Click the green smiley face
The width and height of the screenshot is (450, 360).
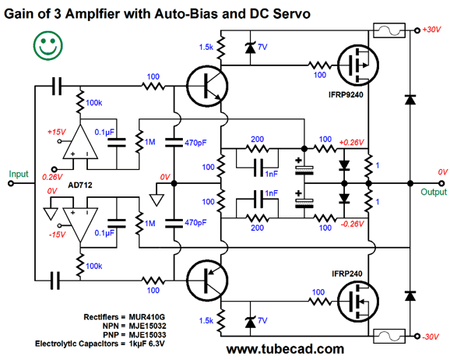[x=48, y=46]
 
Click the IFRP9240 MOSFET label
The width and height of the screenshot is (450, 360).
[x=346, y=94]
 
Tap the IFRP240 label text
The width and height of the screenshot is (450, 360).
[x=346, y=274]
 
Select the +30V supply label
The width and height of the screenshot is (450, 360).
[x=431, y=30]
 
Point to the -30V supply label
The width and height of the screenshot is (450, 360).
[x=431, y=337]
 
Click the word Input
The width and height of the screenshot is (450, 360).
[x=19, y=174]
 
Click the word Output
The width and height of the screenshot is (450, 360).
[x=434, y=192]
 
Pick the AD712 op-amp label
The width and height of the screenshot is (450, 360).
[x=80, y=185]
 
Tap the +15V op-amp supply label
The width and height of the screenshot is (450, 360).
[x=57, y=132]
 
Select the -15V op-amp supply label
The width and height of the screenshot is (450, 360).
[x=57, y=235]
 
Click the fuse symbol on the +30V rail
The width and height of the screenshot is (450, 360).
[x=389, y=30]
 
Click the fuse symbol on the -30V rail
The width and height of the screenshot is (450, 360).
[x=389, y=336]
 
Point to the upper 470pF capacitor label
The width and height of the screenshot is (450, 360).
[x=195, y=143]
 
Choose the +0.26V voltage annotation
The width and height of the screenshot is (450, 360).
[x=351, y=143]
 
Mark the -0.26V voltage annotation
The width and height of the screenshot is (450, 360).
[x=352, y=224]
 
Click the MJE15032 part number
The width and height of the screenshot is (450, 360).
[x=147, y=326]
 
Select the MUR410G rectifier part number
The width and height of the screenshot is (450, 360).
[x=146, y=317]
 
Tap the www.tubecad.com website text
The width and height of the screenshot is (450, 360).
[x=285, y=349]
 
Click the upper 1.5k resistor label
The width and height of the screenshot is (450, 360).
[x=206, y=47]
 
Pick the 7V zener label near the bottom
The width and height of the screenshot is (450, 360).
[x=262, y=320]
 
